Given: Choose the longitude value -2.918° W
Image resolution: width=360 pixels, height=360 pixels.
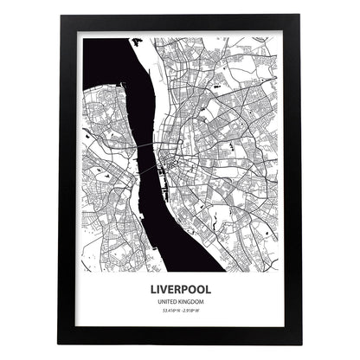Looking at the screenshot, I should [192, 311].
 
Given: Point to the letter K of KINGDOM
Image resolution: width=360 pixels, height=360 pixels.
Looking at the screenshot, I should [179, 302].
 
